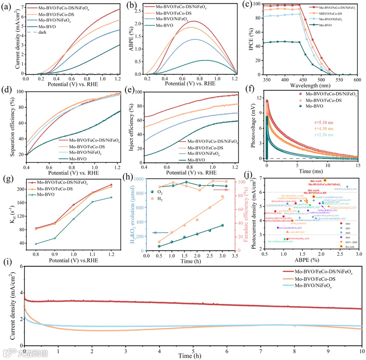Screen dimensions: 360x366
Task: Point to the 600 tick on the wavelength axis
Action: click(x=357, y=79)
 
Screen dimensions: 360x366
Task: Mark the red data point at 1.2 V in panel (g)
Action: click(x=111, y=185)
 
